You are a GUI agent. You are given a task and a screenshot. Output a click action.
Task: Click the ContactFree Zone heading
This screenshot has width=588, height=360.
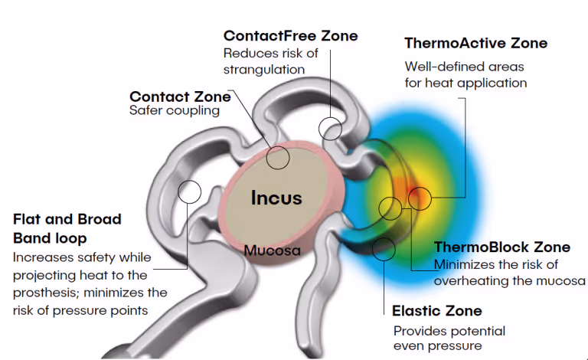[290, 36]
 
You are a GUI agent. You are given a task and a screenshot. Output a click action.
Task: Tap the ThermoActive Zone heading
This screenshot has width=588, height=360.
[475, 43]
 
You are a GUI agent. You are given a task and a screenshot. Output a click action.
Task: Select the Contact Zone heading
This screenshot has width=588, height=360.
[180, 97]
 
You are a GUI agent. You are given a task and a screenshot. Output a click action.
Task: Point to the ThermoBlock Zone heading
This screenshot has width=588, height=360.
[501, 247]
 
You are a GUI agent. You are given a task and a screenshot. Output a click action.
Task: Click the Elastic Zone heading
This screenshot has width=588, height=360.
[436, 310]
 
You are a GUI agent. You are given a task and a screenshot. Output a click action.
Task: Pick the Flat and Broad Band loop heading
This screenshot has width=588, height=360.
[67, 227]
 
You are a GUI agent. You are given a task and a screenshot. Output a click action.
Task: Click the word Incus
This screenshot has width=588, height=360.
[276, 198]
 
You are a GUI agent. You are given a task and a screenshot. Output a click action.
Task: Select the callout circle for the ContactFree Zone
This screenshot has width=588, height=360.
[331, 127]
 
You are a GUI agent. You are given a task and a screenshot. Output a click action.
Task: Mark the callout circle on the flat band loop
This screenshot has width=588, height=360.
[188, 191]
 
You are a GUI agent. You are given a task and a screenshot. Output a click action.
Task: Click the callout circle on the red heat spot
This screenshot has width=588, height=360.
[420, 198]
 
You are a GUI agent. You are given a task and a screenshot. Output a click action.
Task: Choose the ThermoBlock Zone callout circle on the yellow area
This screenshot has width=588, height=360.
[390, 207]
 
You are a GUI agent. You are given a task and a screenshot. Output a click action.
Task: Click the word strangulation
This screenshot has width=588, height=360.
[264, 70]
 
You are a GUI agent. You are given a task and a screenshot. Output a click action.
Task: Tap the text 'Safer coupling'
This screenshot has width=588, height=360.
[164, 111]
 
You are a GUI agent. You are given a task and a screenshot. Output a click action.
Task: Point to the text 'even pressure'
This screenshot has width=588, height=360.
[438, 346]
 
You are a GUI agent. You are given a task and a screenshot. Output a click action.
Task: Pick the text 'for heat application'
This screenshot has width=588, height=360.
[465, 83]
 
